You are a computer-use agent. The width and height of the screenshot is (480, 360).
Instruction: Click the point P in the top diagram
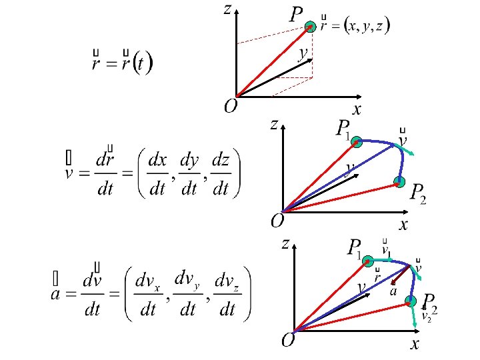pyautogui.click(x=310, y=27)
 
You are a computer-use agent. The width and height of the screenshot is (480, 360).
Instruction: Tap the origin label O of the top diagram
pyautogui.click(x=230, y=106)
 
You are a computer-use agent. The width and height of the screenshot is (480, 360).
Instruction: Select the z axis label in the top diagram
pyautogui.click(x=227, y=9)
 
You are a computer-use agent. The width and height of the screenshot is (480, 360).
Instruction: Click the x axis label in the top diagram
pyautogui.click(x=357, y=109)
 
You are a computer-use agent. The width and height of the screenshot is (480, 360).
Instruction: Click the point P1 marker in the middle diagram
pyautogui.click(x=357, y=141)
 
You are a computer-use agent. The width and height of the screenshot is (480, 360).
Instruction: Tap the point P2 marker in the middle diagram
pyautogui.click(x=399, y=181)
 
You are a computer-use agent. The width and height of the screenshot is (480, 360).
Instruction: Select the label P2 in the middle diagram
pyautogui.click(x=418, y=193)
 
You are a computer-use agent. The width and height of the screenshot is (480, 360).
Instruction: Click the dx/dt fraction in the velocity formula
pyautogui.click(x=157, y=175)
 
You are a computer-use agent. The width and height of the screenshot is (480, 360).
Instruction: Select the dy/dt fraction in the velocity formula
pyautogui.click(x=189, y=175)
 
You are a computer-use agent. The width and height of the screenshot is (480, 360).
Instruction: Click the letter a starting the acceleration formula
pyautogui.click(x=57, y=293)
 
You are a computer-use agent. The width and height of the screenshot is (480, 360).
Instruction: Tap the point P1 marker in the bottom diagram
pyautogui.click(x=367, y=261)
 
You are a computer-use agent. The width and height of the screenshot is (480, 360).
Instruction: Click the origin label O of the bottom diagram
pyautogui.click(x=288, y=341)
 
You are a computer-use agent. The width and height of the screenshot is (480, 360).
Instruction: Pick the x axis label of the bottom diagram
pyautogui.click(x=415, y=344)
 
